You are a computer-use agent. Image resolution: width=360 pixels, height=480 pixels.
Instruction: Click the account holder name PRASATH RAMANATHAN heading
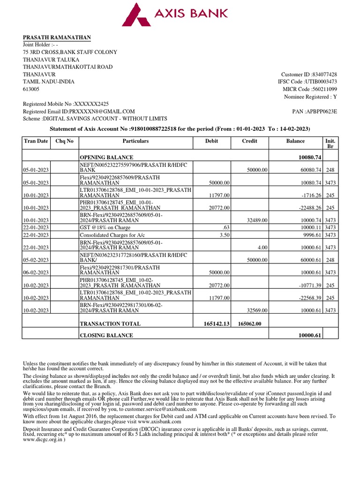click(x=57, y=37)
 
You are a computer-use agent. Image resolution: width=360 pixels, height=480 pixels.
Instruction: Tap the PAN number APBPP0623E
click(x=321, y=112)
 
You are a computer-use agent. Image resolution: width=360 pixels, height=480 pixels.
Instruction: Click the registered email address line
click(x=79, y=112)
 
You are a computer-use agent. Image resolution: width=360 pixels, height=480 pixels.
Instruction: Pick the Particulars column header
click(x=135, y=141)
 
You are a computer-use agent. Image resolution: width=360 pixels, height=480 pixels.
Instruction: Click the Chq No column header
click(x=64, y=141)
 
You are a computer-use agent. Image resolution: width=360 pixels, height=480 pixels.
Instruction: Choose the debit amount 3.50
click(x=225, y=235)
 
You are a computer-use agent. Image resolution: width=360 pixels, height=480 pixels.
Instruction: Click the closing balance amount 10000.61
click(x=309, y=336)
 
